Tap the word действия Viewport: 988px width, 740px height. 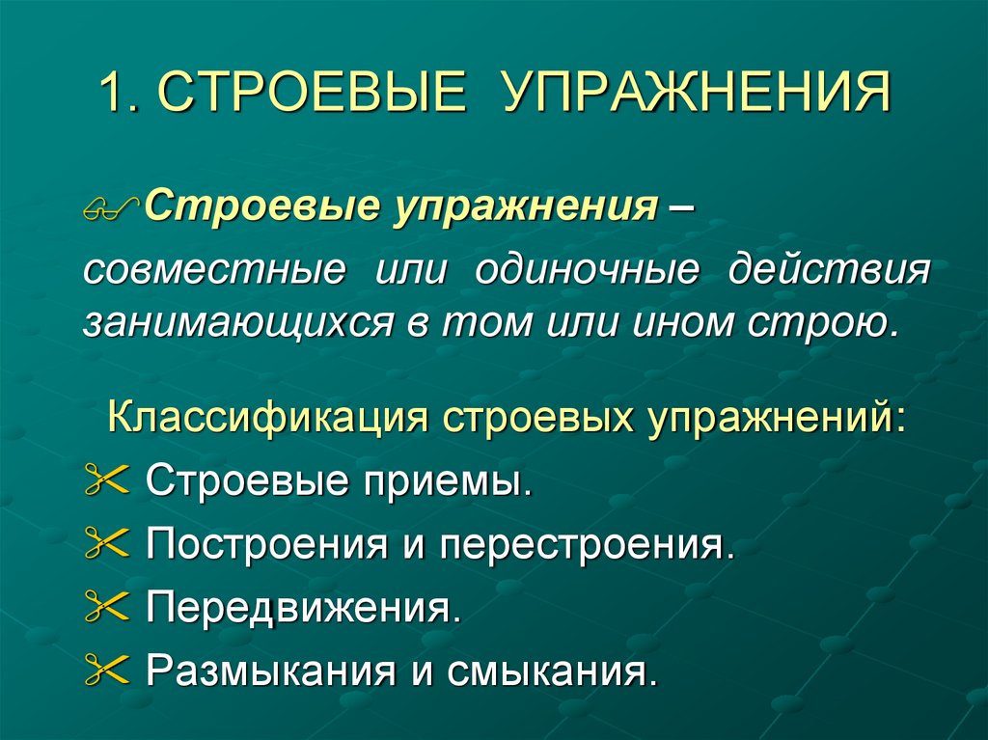(x=831, y=271)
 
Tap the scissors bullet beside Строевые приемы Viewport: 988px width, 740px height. (x=106, y=481)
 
